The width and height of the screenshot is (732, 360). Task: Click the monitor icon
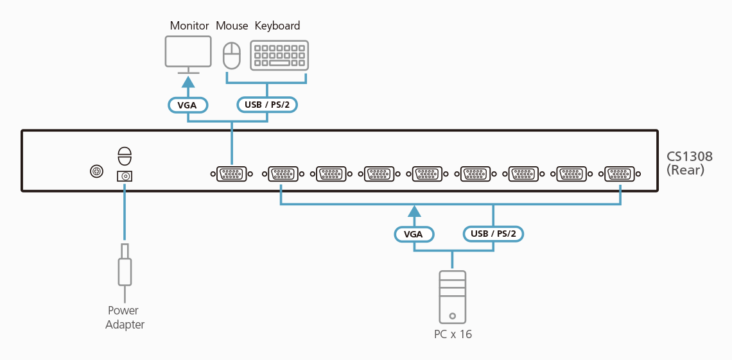pyautogui.click(x=188, y=52)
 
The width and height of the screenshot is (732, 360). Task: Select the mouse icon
pyautogui.click(x=231, y=56)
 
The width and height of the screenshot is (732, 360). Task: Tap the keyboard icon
pyautogui.click(x=279, y=55)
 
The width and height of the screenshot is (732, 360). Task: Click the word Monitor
pyautogui.click(x=189, y=26)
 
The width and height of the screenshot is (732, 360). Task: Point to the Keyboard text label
pyautogui.click(x=277, y=26)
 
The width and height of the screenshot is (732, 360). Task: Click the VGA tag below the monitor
pyautogui.click(x=187, y=105)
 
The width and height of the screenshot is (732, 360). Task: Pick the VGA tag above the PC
pyautogui.click(x=414, y=234)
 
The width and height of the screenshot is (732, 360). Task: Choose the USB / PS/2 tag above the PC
pyautogui.click(x=493, y=234)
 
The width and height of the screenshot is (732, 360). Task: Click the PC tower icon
pyautogui.click(x=453, y=296)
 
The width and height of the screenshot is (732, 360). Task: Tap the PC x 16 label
pyautogui.click(x=453, y=334)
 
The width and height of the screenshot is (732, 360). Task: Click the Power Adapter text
pyautogui.click(x=125, y=318)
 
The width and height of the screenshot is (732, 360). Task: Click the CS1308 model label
pyautogui.click(x=690, y=157)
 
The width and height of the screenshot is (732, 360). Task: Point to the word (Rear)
pyautogui.click(x=685, y=170)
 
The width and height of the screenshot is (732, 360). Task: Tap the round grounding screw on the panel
pyautogui.click(x=96, y=171)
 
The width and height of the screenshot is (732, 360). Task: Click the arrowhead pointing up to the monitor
pyautogui.click(x=187, y=81)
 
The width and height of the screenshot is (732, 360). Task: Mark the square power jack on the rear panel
pyautogui.click(x=125, y=176)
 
